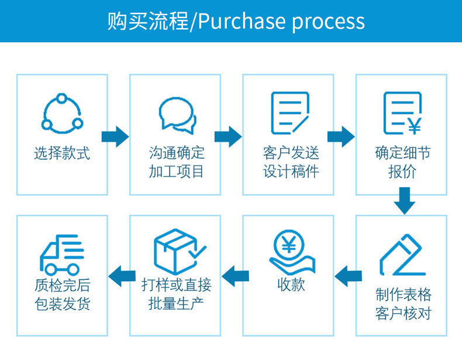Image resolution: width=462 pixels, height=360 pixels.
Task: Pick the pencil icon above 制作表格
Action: (402, 255)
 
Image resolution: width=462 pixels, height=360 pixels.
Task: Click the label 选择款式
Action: (62, 154)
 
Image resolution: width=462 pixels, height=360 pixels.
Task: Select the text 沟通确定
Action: (177, 154)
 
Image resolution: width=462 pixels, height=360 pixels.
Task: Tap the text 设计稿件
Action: (291, 172)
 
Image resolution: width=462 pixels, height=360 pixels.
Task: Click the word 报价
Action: (402, 172)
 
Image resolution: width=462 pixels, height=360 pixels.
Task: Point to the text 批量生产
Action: (177, 303)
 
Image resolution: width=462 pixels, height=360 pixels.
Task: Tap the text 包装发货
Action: (62, 304)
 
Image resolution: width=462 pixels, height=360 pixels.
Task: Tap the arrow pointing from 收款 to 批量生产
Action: (234, 275)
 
